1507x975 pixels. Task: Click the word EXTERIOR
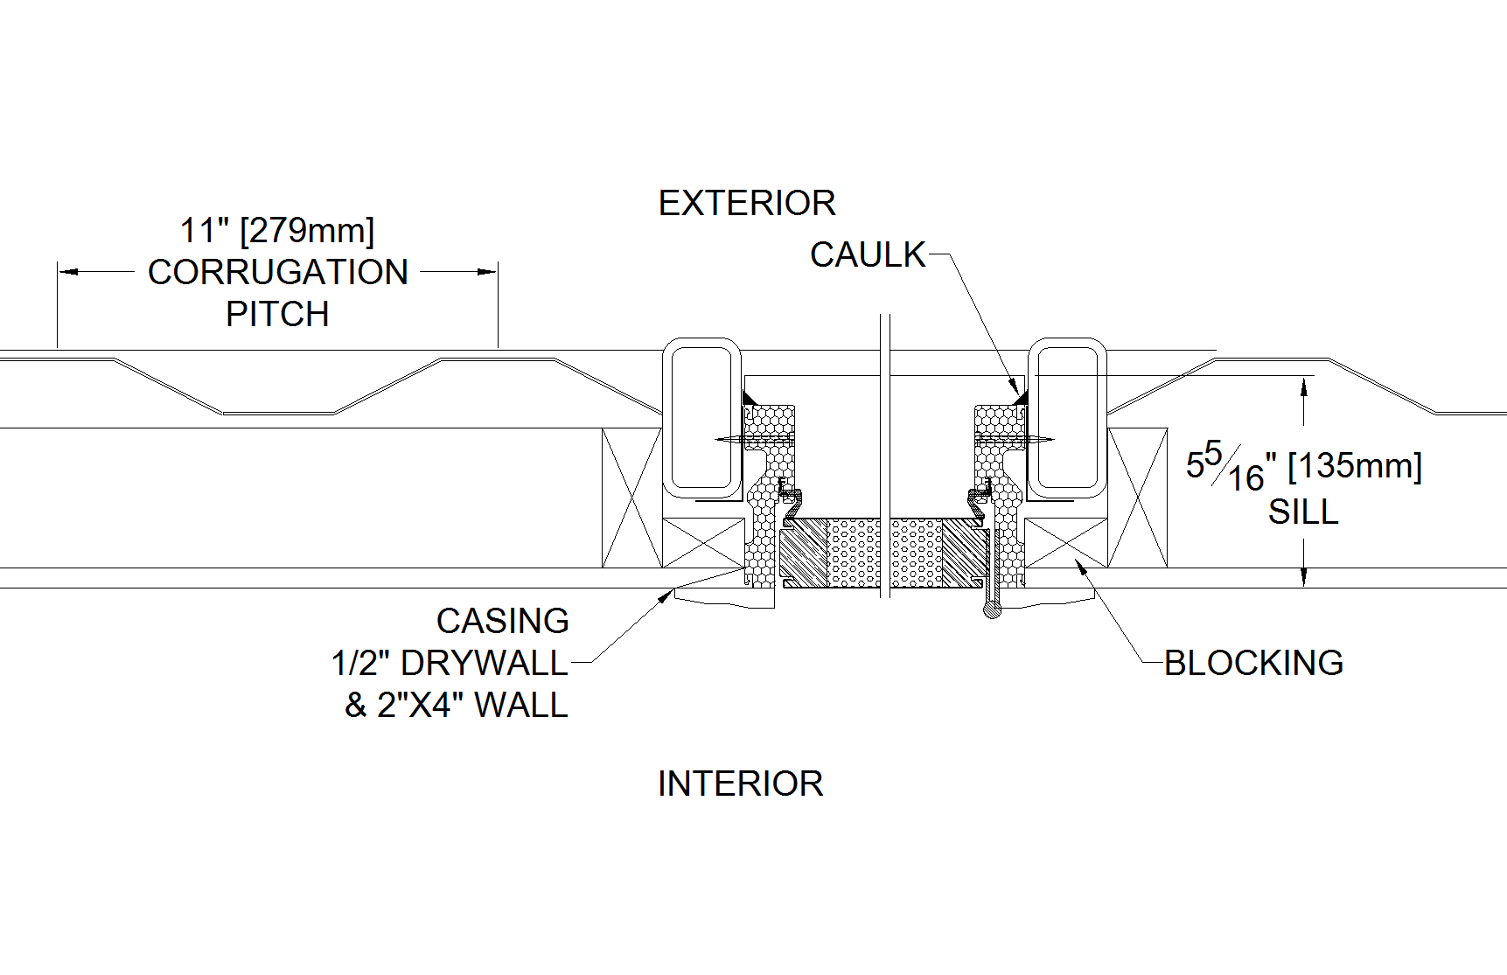tap(746, 203)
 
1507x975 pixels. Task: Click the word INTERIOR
tap(740, 783)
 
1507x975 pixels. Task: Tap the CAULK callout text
tap(867, 255)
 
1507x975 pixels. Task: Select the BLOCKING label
tap(1252, 663)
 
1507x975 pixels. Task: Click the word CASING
tap(502, 621)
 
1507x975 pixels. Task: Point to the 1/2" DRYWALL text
tap(450, 663)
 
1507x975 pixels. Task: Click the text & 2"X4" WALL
tap(456, 705)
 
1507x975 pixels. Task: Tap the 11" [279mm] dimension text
tap(276, 231)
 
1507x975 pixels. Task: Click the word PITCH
tap(277, 314)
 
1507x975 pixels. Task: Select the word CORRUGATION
tap(277, 272)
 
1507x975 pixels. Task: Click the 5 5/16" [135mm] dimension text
tap(1303, 466)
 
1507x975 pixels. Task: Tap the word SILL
tap(1302, 512)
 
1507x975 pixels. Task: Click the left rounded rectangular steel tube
tap(701, 418)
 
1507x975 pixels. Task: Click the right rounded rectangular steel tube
tap(1066, 418)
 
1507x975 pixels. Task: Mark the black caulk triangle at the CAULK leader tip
tap(1020, 398)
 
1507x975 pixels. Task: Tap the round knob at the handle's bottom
tap(991, 610)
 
